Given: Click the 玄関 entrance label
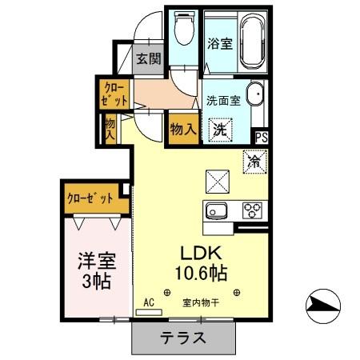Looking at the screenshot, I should point(147,58).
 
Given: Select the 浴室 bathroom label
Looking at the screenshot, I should point(220,43).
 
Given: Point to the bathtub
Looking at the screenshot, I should point(254,40).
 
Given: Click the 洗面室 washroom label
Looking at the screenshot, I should point(223,101).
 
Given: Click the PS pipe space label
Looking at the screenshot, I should point(262,137).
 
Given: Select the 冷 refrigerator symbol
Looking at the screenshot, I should point(255,161).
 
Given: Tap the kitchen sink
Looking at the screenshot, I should point(218,212).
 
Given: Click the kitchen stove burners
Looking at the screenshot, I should point(253,211).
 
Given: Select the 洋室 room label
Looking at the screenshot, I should point(94,261).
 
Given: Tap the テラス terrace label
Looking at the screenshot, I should point(183,337).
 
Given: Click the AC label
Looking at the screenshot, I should point(148,302).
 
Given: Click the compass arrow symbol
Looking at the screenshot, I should point(322,304).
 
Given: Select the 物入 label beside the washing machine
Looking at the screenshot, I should point(182,127).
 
